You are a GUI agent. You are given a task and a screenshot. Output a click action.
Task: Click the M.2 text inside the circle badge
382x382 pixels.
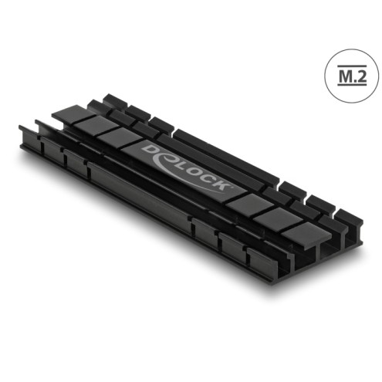tap(352, 76)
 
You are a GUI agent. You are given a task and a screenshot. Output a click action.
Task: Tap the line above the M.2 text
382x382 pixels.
tap(352, 66)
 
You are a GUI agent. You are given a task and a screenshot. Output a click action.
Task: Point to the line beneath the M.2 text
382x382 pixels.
tap(352, 84)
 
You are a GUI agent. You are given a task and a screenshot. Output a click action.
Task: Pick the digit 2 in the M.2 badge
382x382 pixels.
tap(361, 76)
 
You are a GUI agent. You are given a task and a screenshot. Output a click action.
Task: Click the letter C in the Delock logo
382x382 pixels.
tap(206, 178)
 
